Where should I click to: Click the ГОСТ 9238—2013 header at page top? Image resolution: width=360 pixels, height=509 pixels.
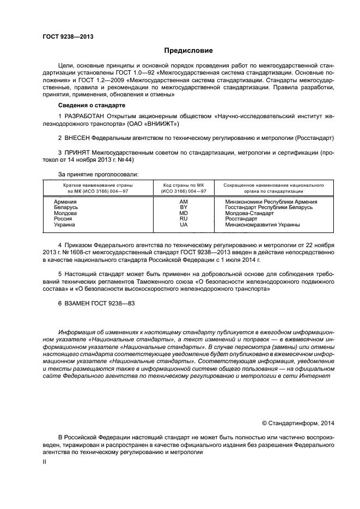click(x=68, y=37)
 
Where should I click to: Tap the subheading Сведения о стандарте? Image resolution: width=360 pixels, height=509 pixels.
click(x=91, y=105)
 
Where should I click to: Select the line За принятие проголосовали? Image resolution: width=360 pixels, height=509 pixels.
click(x=98, y=174)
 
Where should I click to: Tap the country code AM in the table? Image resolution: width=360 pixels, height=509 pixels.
click(x=184, y=202)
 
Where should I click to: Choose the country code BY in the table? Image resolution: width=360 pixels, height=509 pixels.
click(x=184, y=208)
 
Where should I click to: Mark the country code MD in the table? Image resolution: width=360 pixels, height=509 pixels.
click(x=184, y=213)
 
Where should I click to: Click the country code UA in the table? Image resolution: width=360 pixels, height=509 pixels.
click(x=184, y=225)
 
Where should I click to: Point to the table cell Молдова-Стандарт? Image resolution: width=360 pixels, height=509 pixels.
click(x=249, y=213)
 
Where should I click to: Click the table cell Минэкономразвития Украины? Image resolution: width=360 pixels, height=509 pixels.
click(x=262, y=225)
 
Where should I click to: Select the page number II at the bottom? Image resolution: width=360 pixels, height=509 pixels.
click(x=45, y=461)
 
